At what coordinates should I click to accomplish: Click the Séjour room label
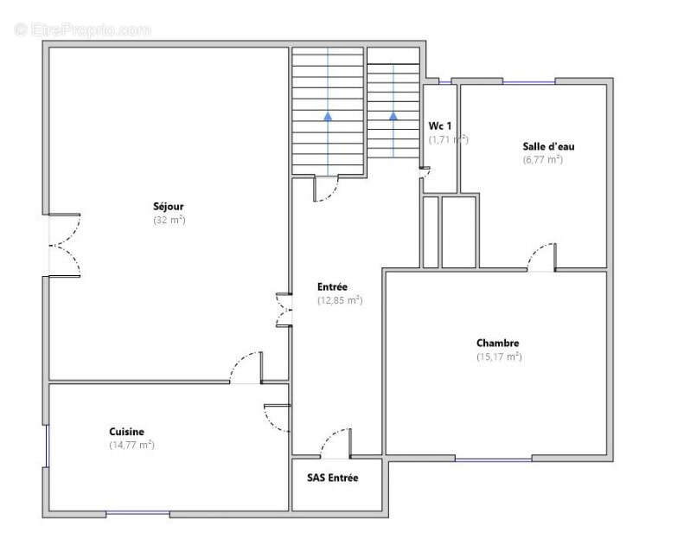pyautogui.click(x=169, y=207)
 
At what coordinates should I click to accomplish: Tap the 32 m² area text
pyautogui.click(x=169, y=220)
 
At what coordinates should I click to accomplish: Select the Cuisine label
pyautogui.click(x=126, y=432)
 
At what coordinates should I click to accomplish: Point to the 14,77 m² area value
pyautogui.click(x=131, y=446)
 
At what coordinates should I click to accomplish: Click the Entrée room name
pyautogui.click(x=332, y=286)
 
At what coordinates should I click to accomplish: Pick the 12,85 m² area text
pyautogui.click(x=340, y=300)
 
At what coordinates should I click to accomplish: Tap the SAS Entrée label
pyautogui.click(x=333, y=478)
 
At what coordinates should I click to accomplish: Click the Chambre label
pyautogui.click(x=498, y=343)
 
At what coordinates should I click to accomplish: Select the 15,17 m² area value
pyautogui.click(x=499, y=356)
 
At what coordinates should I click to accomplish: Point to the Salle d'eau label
pyautogui.click(x=549, y=146)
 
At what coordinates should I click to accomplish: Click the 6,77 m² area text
pyautogui.click(x=543, y=160)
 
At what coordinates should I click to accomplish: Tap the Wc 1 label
pyautogui.click(x=439, y=125)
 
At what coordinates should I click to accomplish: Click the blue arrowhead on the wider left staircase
pyautogui.click(x=328, y=116)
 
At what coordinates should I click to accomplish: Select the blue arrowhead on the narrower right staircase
pyautogui.click(x=393, y=116)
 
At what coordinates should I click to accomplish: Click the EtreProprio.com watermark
pyautogui.click(x=82, y=29)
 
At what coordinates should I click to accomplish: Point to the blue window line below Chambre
pyautogui.click(x=494, y=459)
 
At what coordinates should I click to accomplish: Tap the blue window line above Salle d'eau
pyautogui.click(x=529, y=82)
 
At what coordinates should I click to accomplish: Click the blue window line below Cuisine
pyautogui.click(x=137, y=514)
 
